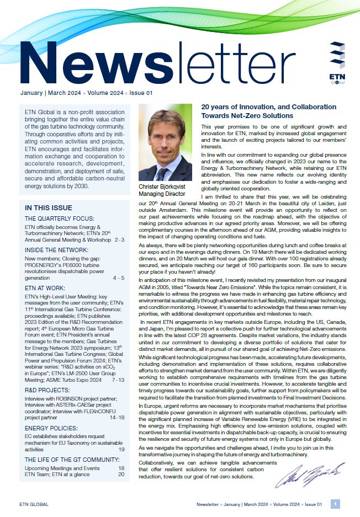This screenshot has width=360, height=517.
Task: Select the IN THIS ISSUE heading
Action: point(49,208)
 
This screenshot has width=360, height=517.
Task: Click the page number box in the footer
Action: point(335,504)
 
